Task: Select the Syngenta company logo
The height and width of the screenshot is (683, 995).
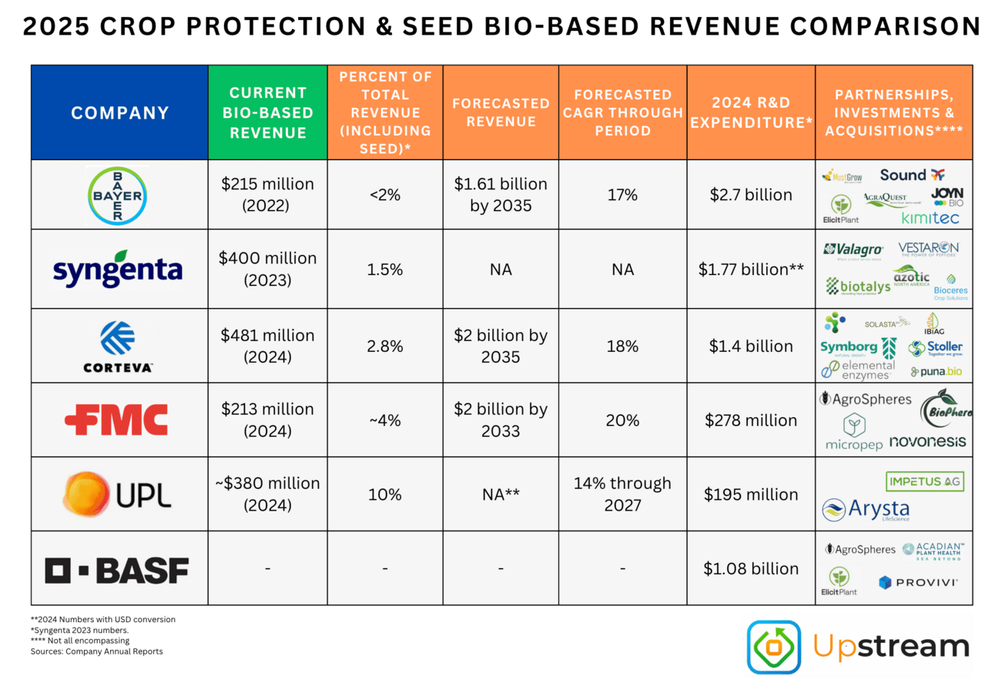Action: (118, 269)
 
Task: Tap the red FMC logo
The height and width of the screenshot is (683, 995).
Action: (116, 420)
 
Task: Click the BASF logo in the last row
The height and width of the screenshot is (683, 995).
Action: (117, 570)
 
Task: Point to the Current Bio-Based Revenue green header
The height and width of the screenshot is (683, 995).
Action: (267, 112)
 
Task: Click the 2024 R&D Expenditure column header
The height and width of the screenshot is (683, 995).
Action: (751, 112)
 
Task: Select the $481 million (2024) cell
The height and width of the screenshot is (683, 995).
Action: (267, 345)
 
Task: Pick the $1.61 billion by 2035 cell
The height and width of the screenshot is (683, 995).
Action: (501, 194)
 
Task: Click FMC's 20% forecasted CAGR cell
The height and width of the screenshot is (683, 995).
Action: (622, 420)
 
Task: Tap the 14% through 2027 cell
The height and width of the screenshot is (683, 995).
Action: (622, 494)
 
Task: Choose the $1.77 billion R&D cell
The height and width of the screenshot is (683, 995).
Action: (751, 270)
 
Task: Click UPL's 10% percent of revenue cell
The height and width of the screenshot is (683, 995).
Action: (385, 494)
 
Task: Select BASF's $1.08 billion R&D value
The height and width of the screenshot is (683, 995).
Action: (751, 569)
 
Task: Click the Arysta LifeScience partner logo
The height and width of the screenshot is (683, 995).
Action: (866, 510)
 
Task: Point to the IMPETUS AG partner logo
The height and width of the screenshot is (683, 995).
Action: (925, 481)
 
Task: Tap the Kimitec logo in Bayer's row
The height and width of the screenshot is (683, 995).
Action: (930, 218)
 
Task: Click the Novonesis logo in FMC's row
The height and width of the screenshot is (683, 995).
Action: (927, 441)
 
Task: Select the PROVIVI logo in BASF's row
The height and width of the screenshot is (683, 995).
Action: (917, 583)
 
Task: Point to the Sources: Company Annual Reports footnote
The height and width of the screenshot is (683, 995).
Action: (96, 651)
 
